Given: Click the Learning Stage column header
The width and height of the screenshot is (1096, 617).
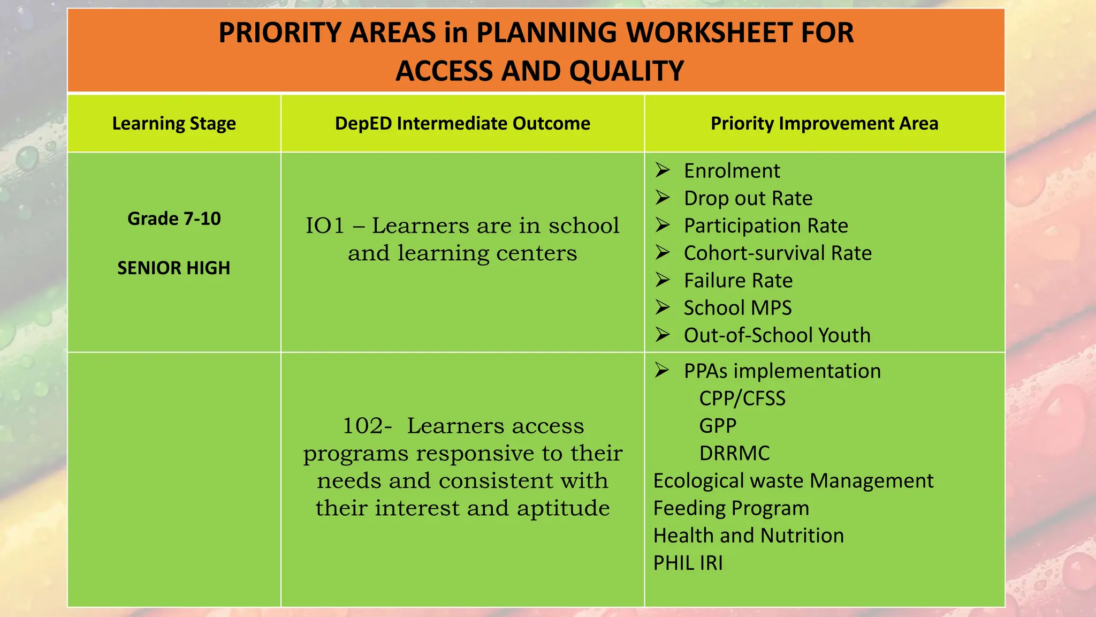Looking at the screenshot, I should [174, 124].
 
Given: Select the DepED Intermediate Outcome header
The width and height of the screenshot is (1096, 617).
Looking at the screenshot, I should [462, 124].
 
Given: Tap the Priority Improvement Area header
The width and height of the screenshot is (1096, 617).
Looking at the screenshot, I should [824, 124].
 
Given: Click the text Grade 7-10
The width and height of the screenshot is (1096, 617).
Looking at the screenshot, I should [174, 219].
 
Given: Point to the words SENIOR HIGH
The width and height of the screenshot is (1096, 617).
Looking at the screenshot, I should [174, 268].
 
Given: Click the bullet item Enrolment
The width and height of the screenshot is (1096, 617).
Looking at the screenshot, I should [732, 171].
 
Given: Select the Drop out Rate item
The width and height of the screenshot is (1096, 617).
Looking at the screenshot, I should [748, 198].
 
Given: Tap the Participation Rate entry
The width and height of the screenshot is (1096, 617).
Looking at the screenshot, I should [766, 225].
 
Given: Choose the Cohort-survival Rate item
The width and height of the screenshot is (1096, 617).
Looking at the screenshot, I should [778, 253].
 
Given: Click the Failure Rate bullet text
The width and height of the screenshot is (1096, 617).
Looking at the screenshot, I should [738, 281].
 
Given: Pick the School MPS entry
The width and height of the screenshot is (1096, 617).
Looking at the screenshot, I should [737, 308].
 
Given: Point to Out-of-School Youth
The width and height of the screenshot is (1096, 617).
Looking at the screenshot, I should [777, 335].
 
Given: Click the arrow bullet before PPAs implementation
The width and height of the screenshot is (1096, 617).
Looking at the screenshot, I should [662, 370].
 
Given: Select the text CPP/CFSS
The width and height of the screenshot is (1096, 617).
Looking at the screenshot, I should [742, 398].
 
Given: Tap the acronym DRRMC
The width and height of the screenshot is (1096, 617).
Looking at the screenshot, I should [734, 454].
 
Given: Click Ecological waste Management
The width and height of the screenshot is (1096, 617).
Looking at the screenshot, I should [793, 481].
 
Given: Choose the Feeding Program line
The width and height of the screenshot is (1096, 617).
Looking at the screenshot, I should [731, 508].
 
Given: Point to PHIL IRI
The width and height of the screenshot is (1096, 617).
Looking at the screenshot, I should [688, 563].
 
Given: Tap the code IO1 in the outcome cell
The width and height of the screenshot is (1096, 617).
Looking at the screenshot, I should [325, 225].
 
